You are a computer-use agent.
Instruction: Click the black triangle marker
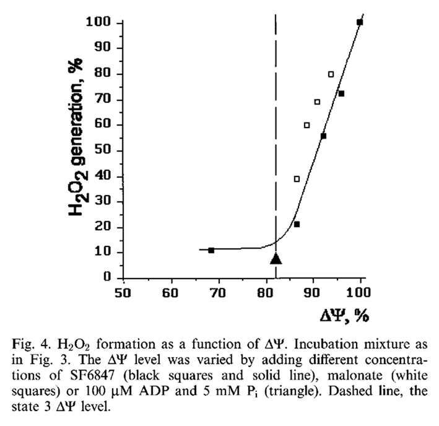(x=276, y=259)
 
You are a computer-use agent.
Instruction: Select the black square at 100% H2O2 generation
(x=360, y=22)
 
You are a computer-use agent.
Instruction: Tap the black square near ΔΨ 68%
(x=211, y=250)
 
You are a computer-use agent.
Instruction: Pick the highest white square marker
(x=331, y=74)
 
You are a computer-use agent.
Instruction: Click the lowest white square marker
(x=297, y=179)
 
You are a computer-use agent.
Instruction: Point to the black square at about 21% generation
(x=297, y=224)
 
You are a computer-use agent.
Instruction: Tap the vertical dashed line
(x=276, y=124)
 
